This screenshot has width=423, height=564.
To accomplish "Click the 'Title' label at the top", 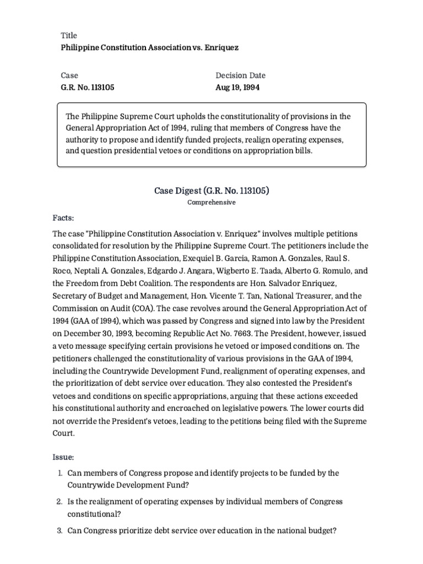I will click(69, 35).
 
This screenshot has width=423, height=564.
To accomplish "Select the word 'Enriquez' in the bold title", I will click(221, 48).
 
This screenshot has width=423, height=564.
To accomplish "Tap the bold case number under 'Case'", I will click(88, 88).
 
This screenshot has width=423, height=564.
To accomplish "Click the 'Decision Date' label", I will click(240, 75).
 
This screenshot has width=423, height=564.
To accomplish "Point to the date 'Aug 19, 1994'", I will click(238, 88).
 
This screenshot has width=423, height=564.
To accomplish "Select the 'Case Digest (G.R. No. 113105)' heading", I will click(211, 191).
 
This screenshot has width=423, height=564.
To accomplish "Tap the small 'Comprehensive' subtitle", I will click(211, 203).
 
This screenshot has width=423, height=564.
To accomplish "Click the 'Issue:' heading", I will click(63, 458).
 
